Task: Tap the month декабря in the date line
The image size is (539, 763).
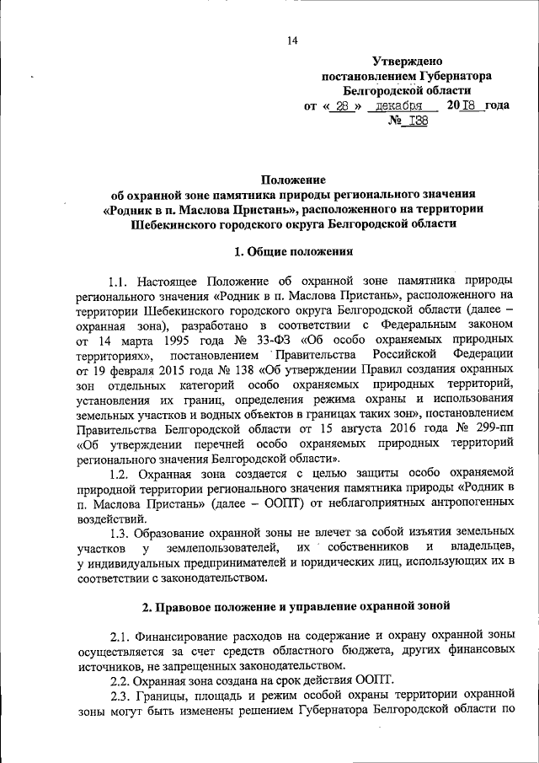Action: point(400,106)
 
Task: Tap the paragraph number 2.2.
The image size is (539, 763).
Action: point(123,680)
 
